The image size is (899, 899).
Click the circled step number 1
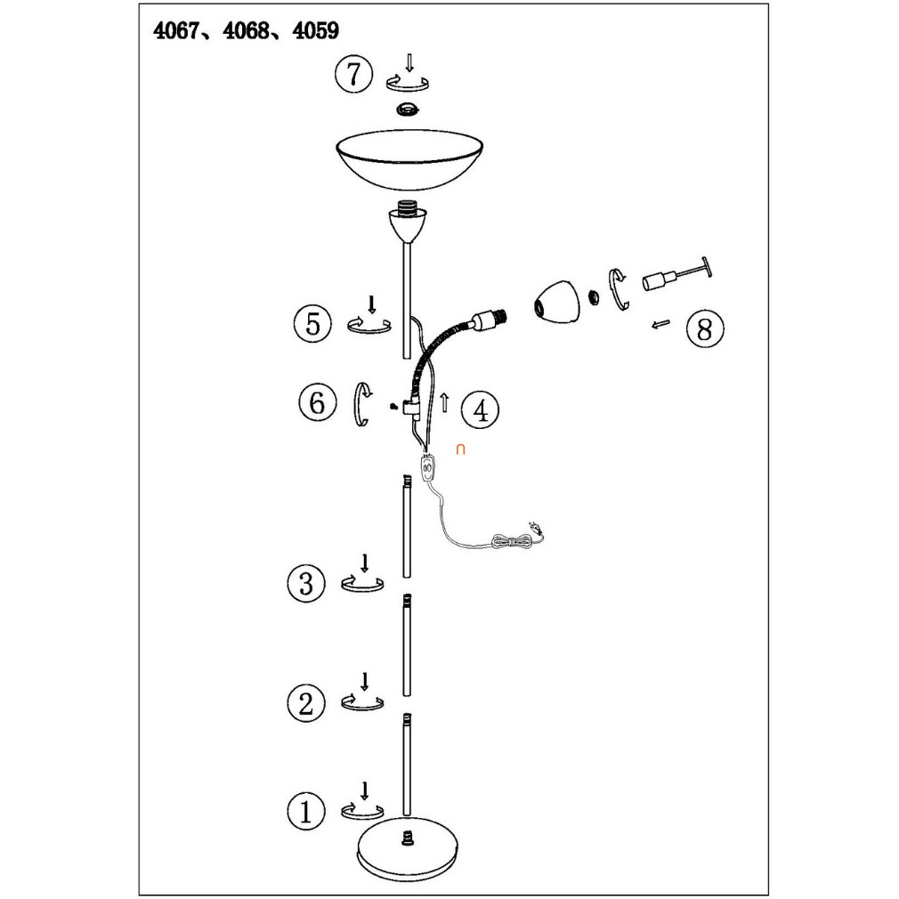pos(305,811)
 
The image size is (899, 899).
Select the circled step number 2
pos(305,703)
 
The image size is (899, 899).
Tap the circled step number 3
pos(306,584)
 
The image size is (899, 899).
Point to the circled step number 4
pos(480,410)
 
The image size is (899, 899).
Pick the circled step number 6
pos(318,402)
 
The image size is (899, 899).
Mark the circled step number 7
pos(353,73)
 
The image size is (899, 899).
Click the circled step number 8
pos(705,329)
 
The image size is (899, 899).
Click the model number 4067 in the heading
pos(176,30)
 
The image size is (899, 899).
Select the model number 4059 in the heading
pos(315,30)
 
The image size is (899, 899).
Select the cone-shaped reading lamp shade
pos(557,301)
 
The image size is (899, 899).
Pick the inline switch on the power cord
pos(427,468)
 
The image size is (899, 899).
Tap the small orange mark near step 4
pos(460,449)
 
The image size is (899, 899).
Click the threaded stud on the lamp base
pos(408,838)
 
